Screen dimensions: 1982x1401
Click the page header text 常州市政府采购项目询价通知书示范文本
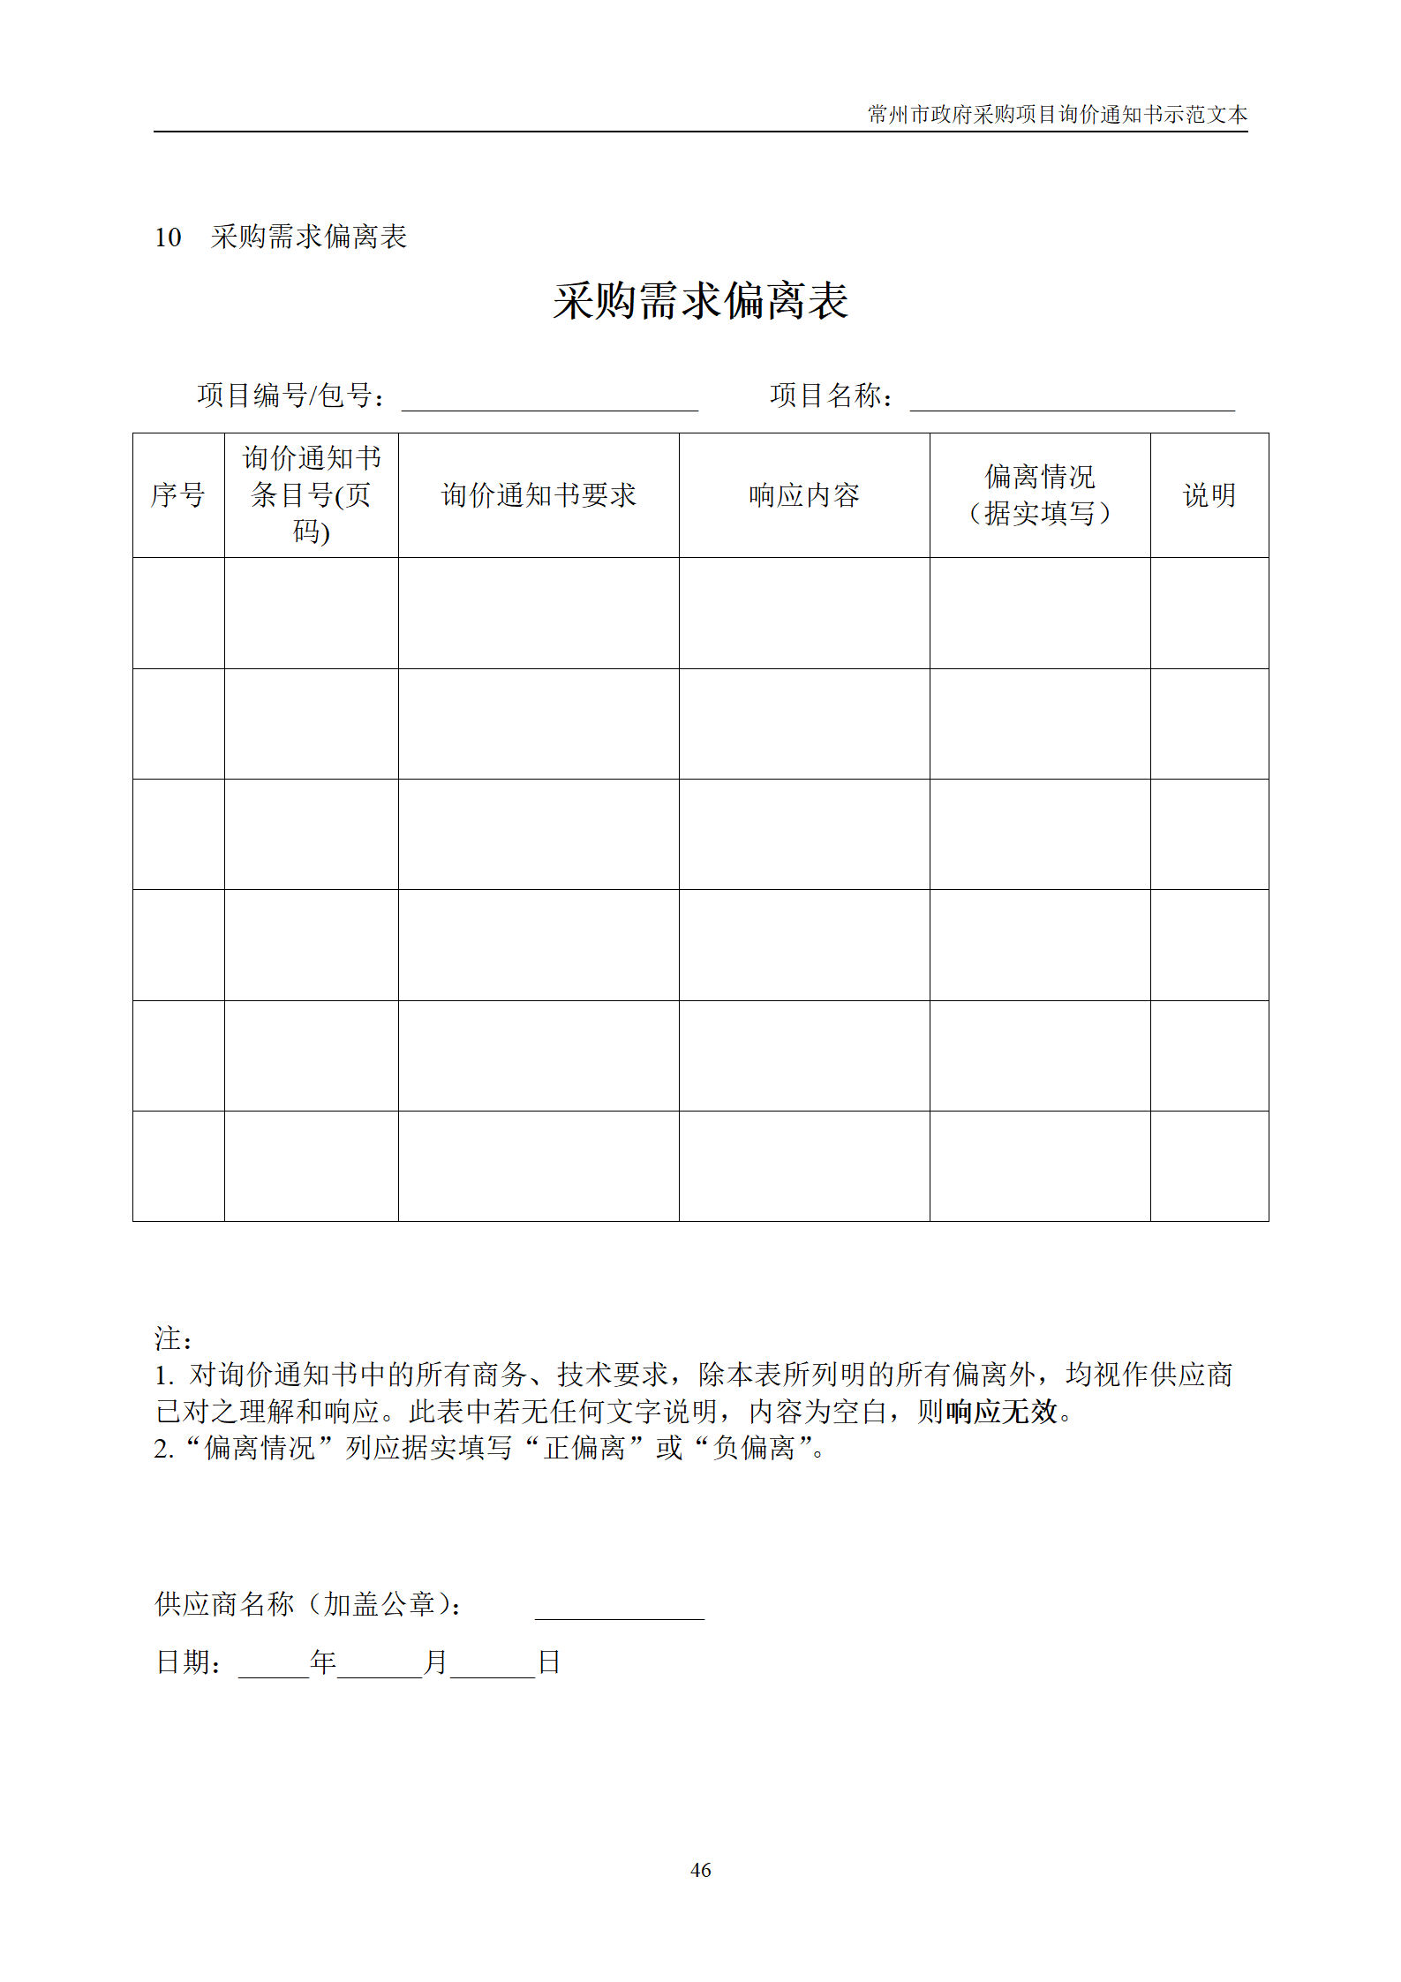pyautogui.click(x=1057, y=115)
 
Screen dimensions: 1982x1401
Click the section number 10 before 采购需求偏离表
pyautogui.click(x=168, y=237)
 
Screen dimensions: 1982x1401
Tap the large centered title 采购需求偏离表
pyautogui.click(x=700, y=301)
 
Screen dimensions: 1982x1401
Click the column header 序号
pyautogui.click(x=178, y=495)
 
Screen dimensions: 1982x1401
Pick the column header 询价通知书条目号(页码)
pyautogui.click(x=311, y=495)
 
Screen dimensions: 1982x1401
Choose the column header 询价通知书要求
pyautogui.click(x=539, y=495)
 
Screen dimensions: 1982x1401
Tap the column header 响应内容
pyautogui.click(x=803, y=495)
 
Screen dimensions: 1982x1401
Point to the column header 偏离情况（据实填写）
pyautogui.click(x=1039, y=495)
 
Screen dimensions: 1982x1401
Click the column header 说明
pyautogui.click(x=1209, y=495)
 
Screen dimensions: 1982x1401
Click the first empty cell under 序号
pyautogui.click(x=178, y=613)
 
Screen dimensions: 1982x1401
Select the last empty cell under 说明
pyautogui.click(x=1209, y=1165)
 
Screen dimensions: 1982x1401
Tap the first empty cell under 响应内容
pyautogui.click(x=803, y=613)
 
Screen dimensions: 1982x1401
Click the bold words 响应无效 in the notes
pyautogui.click(x=1001, y=1412)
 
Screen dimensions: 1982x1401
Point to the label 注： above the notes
pyautogui.click(x=173, y=1338)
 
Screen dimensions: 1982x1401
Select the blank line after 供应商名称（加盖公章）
pyautogui.click(x=619, y=1608)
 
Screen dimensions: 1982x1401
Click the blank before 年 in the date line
pyautogui.click(x=274, y=1665)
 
